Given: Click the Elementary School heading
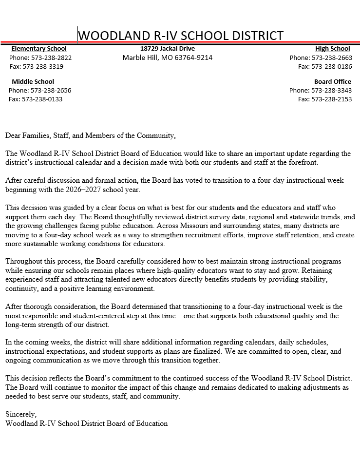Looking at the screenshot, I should click(39, 49).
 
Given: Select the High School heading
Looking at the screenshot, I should click(332, 49).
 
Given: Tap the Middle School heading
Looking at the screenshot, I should click(33, 82).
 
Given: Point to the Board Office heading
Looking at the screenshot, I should click(332, 82).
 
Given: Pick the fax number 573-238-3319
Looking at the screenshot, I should click(43, 66).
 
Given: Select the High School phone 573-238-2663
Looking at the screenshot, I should click(331, 57).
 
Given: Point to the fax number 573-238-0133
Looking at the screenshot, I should click(42, 99).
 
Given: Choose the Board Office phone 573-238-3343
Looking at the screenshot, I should click(331, 91).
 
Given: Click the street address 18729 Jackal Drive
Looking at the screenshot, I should click(167, 49).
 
